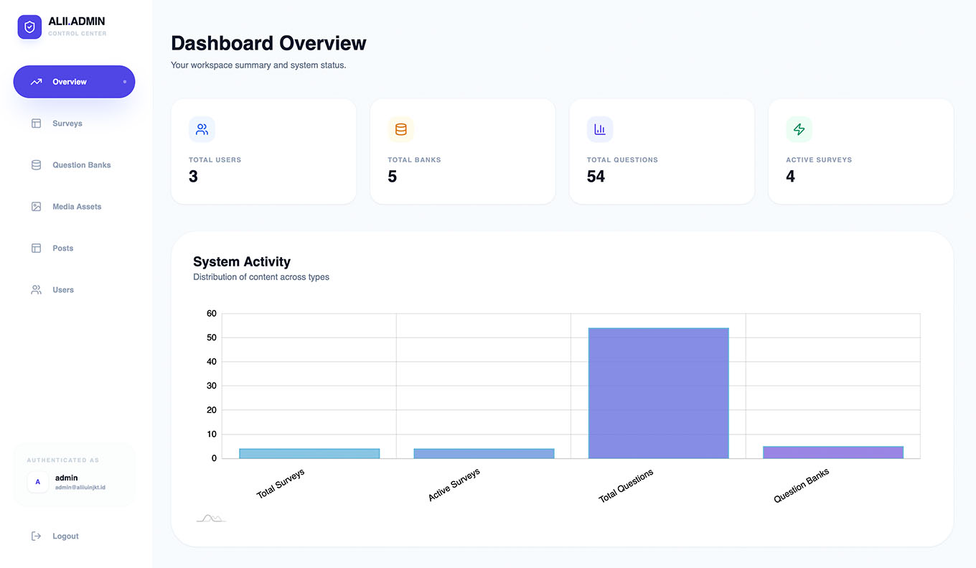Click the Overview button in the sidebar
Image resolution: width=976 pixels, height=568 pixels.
(74, 82)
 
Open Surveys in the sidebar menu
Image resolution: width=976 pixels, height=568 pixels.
(67, 124)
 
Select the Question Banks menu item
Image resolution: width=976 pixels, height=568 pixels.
(82, 164)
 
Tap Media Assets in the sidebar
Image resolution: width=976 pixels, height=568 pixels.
(77, 207)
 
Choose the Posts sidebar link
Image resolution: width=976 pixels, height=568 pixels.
(62, 248)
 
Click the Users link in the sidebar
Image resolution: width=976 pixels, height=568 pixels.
(62, 290)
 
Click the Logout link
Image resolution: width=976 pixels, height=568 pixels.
(65, 536)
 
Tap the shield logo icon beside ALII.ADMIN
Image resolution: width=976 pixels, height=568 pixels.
(29, 27)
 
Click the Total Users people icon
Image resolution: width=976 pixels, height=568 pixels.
(202, 129)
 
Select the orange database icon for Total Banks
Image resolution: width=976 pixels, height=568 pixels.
(401, 129)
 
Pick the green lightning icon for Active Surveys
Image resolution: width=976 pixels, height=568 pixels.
(799, 129)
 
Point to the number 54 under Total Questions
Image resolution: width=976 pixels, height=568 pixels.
(596, 176)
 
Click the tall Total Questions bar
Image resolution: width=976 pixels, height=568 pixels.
(658, 393)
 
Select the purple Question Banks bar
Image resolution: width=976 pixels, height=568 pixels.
(833, 452)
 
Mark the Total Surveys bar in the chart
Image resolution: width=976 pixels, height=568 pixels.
(309, 453)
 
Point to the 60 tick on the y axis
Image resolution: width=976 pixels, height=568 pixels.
(211, 313)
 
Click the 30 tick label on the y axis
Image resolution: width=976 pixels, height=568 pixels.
(211, 386)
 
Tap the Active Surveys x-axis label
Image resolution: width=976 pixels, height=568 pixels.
(454, 485)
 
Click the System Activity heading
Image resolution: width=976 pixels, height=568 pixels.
(242, 261)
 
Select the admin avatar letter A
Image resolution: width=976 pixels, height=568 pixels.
(38, 482)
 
